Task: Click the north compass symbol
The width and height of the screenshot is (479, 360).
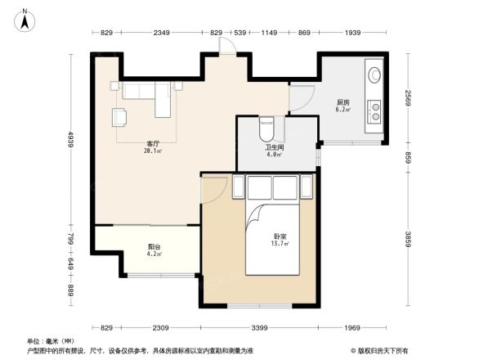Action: (25, 20)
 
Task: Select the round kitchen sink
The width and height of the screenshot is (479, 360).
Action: (374, 74)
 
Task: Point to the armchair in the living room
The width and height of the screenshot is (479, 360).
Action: (119, 118)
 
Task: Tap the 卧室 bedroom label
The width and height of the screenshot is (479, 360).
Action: (280, 236)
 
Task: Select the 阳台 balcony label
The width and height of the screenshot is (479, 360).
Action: (154, 247)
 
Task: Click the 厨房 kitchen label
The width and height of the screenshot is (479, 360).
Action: (343, 102)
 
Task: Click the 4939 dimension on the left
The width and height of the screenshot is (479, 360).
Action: (71, 139)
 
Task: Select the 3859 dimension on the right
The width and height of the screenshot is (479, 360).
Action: (408, 239)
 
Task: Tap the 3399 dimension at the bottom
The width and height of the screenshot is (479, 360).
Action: (259, 328)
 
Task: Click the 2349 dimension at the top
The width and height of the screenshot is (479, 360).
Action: (161, 33)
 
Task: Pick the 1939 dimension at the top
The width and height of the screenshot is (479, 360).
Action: (352, 33)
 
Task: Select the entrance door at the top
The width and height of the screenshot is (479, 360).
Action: (227, 46)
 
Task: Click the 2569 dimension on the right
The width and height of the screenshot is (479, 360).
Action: (408, 98)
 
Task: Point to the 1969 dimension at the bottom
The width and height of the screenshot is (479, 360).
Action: (352, 328)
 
